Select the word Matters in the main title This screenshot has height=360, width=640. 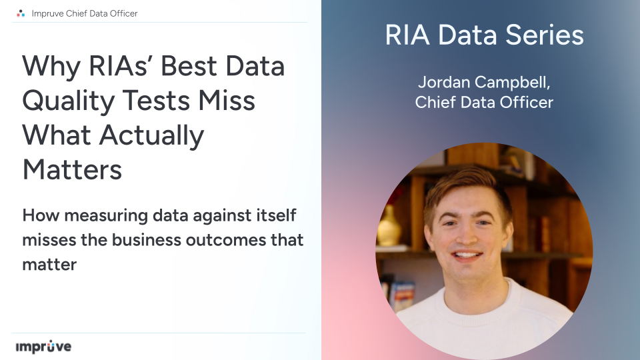[72, 169]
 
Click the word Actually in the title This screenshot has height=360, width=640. [152, 135]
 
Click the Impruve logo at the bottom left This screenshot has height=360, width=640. [43, 347]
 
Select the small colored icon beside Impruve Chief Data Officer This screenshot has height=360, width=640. [21, 13]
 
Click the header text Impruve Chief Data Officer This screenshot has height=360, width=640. [85, 13]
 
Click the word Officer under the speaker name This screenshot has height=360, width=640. [526, 103]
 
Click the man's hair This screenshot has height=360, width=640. [467, 183]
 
